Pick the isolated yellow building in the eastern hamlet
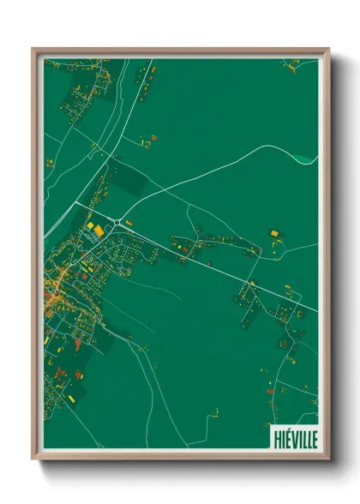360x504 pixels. pyautogui.click(x=274, y=232)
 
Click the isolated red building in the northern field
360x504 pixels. pyautogui.click(x=154, y=136)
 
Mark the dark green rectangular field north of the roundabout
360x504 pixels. pyautogui.click(x=129, y=180)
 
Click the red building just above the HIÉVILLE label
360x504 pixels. pyautogui.click(x=269, y=392)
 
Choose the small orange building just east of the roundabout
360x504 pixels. pyautogui.click(x=129, y=223)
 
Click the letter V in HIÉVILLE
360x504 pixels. pyautogui.click(x=291, y=438)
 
